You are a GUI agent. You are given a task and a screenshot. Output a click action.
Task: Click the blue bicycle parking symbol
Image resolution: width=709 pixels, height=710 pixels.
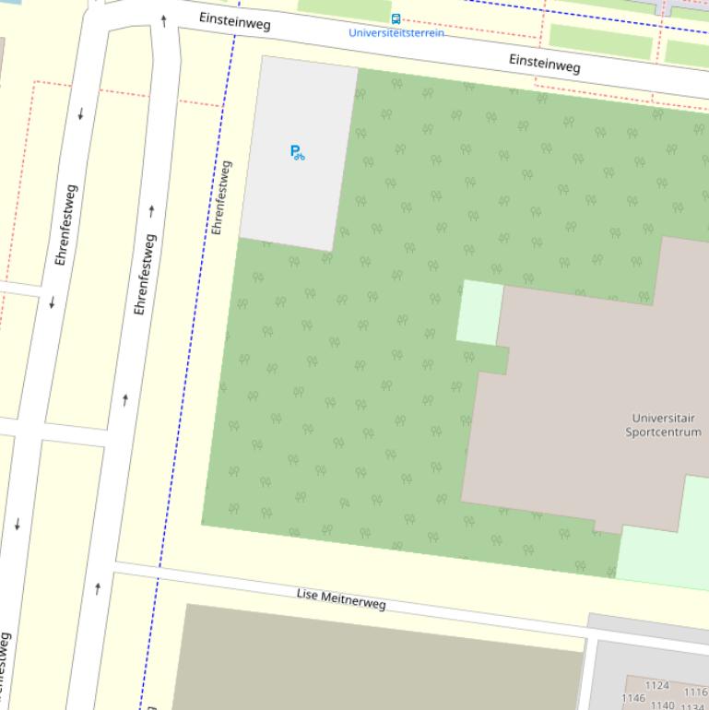click(297, 152)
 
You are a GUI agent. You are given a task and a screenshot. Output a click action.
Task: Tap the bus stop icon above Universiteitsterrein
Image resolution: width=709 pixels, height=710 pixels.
click(396, 18)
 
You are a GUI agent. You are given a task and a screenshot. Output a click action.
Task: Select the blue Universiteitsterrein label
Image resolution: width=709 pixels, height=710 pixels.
click(396, 33)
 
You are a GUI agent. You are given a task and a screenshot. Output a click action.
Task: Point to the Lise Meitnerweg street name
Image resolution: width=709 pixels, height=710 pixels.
click(341, 598)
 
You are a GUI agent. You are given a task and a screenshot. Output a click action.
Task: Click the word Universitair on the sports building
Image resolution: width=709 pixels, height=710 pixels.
click(663, 419)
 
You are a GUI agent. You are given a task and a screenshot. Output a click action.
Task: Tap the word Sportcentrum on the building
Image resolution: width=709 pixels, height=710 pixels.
click(663, 432)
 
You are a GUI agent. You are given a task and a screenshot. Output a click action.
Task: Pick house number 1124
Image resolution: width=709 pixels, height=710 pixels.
click(656, 686)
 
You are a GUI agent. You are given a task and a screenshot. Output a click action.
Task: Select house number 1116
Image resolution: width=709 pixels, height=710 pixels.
click(695, 692)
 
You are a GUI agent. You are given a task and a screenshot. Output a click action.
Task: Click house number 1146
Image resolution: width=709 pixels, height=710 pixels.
click(632, 699)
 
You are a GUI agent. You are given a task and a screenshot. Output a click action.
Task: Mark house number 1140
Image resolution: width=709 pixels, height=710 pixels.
click(662, 705)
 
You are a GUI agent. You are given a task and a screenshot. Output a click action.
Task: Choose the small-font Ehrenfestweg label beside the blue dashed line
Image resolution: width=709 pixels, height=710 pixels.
click(221, 197)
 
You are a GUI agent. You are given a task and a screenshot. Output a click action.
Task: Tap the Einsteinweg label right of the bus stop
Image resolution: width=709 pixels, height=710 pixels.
click(544, 63)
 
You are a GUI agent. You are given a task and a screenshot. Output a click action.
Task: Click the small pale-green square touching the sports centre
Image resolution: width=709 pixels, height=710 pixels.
click(479, 312)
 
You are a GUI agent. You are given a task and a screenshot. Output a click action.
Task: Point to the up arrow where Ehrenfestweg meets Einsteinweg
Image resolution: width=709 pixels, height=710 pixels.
click(164, 19)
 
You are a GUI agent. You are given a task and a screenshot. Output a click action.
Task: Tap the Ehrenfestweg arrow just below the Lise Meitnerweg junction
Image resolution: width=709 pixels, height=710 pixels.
click(98, 588)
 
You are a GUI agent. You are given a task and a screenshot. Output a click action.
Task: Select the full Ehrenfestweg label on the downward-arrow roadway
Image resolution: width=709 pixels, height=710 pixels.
click(65, 226)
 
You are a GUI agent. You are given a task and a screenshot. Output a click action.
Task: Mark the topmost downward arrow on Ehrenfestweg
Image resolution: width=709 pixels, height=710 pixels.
click(81, 114)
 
